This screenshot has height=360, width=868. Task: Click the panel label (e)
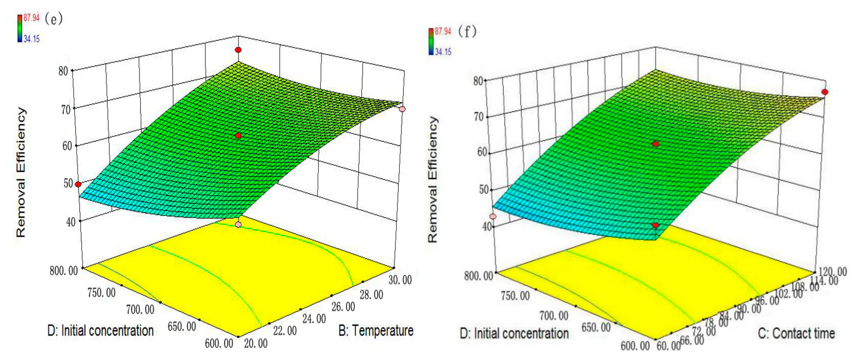[53, 19]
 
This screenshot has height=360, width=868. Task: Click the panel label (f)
[467, 32]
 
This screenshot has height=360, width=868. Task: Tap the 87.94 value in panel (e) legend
[31, 18]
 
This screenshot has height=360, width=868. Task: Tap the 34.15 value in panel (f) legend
[443, 52]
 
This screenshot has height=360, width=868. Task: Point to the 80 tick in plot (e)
[63, 71]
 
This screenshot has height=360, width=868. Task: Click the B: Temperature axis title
[376, 331]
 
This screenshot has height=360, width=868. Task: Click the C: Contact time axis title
[796, 333]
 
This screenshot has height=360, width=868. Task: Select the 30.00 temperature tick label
[400, 280]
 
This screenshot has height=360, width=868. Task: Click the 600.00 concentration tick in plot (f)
[635, 346]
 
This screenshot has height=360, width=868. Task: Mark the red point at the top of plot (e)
[238, 50]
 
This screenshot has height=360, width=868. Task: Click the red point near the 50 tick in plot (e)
[78, 184]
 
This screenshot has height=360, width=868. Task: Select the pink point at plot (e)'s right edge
[402, 109]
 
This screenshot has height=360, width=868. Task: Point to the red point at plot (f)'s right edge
[825, 92]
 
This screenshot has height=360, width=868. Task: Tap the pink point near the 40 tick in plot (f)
[493, 216]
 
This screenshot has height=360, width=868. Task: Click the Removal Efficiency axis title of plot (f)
[433, 179]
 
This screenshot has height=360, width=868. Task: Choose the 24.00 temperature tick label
[314, 318]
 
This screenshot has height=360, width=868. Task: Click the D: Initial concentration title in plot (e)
[100, 331]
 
